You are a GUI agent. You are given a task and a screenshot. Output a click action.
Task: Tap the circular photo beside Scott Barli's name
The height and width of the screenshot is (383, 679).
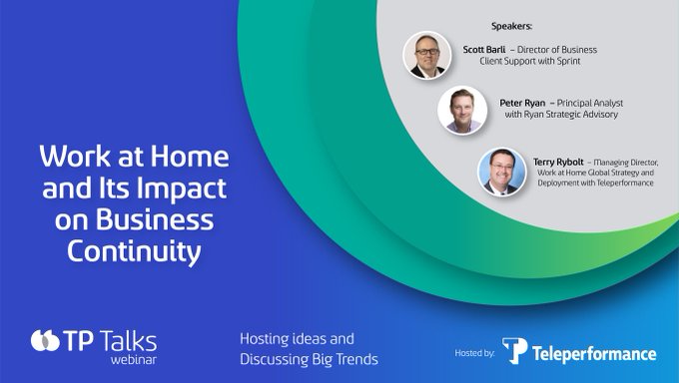(x=427, y=56)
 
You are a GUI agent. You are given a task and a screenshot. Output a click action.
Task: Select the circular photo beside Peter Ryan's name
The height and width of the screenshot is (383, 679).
(x=461, y=109)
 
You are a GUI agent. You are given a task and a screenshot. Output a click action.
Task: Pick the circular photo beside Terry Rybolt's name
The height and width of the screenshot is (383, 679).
(x=501, y=172)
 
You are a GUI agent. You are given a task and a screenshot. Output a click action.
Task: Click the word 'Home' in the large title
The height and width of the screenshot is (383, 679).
(x=194, y=157)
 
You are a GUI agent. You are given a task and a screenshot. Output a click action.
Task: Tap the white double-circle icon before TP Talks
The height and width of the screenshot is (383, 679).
(x=45, y=339)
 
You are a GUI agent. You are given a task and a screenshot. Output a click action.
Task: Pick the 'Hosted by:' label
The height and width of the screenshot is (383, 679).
(x=474, y=353)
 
